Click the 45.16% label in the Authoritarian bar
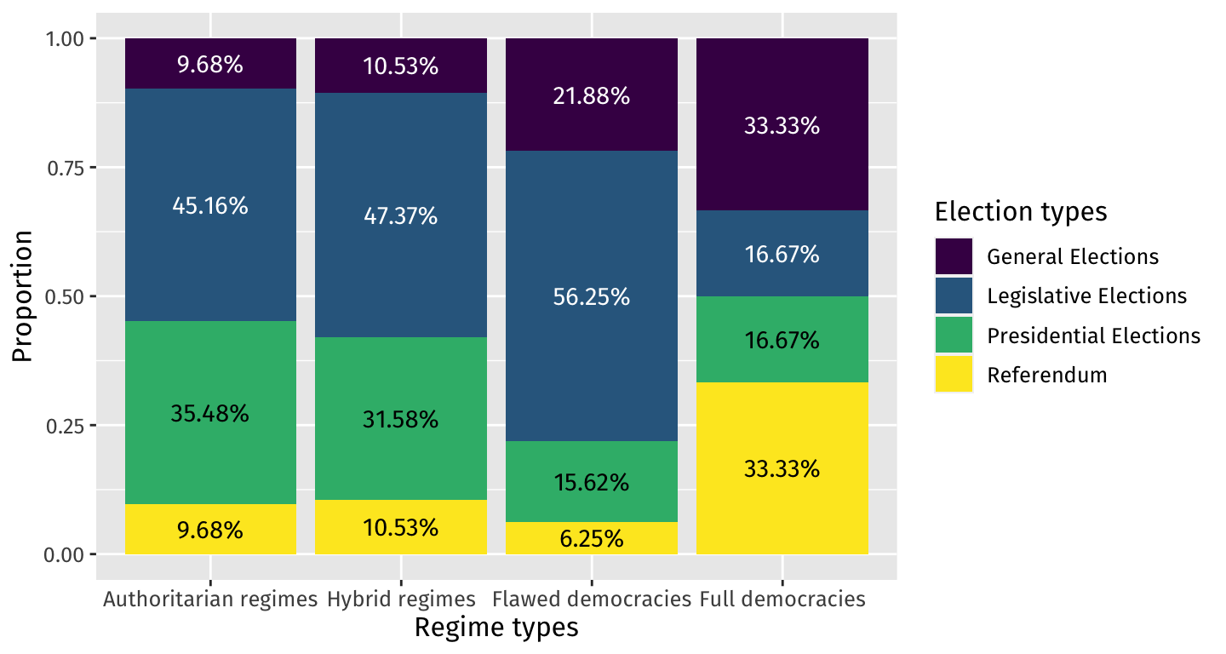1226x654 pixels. [210, 205]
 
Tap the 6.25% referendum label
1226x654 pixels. [592, 539]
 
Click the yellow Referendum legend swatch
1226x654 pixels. [954, 375]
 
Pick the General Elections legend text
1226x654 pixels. [1073, 256]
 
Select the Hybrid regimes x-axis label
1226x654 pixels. [401, 599]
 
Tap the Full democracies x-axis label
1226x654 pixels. [782, 599]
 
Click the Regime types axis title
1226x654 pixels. [496, 628]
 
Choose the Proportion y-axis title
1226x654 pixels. [23, 296]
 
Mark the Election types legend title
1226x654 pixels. [1020, 212]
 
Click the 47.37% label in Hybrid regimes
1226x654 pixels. [401, 216]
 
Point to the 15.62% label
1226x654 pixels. [592, 483]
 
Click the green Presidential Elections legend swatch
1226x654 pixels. [954, 336]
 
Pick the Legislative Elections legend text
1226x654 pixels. [1086, 296]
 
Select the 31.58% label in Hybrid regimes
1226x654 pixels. [401, 420]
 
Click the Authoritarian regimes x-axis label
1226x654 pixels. [210, 599]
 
